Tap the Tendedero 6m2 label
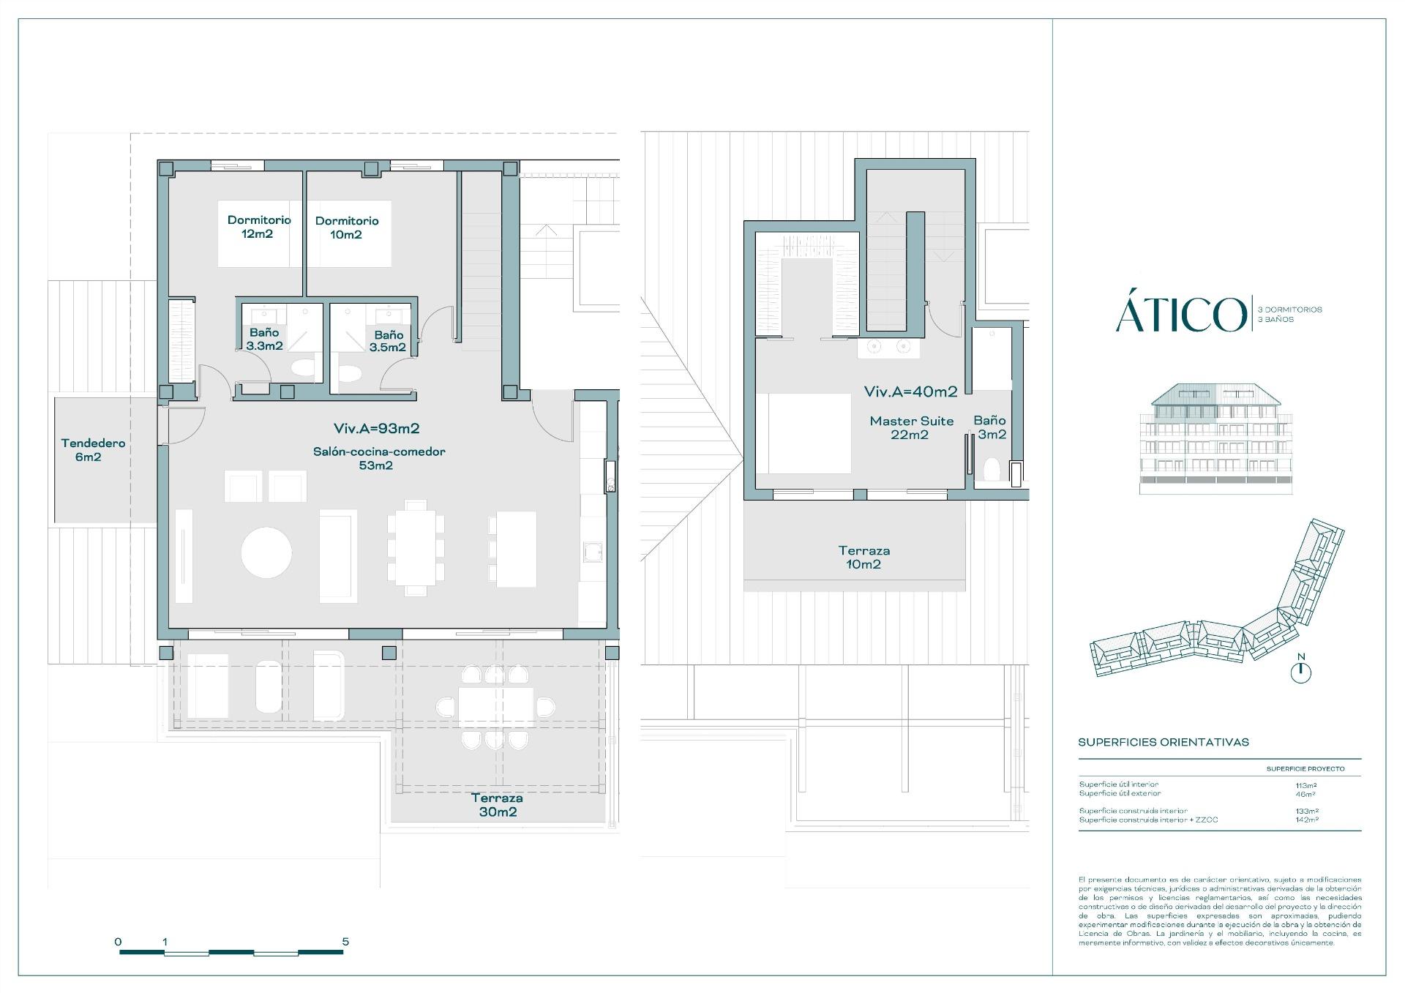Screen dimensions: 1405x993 [93, 450]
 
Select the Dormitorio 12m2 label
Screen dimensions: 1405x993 [259, 227]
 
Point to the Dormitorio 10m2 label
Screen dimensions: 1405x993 [347, 228]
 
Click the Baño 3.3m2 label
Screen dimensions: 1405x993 [265, 340]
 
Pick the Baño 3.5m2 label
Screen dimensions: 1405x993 [387, 341]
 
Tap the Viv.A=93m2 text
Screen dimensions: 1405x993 [376, 429]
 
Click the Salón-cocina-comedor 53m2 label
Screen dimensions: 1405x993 [379, 458]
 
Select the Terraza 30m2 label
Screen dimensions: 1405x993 [498, 805]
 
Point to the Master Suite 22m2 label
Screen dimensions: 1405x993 [912, 428]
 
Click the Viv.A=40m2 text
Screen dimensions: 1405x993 [911, 392]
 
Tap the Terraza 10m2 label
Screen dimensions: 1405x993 [864, 558]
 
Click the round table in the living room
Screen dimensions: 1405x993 [266, 552]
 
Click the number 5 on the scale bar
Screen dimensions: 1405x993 [345, 941]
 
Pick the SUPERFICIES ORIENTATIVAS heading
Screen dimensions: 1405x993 [1164, 742]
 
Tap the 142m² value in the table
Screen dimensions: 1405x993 [1306, 820]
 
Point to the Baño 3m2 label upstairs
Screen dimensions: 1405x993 [990, 427]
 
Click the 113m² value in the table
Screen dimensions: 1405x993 [1306, 785]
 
